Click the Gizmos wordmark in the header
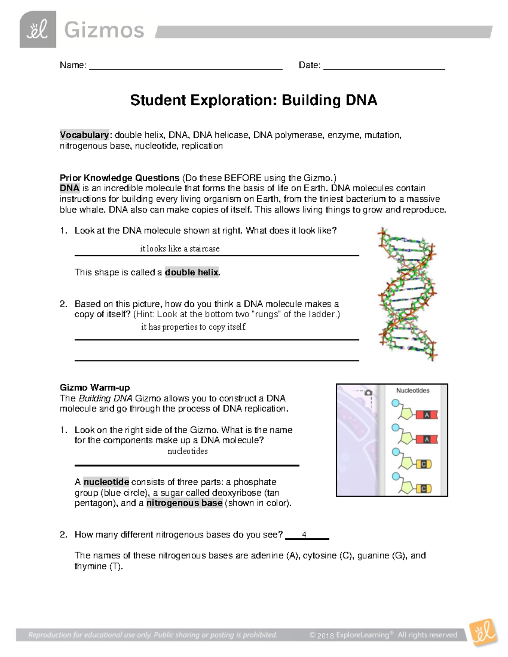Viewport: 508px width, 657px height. (104, 30)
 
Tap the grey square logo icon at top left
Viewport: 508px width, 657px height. (38, 30)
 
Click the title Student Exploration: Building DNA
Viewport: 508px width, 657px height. (253, 100)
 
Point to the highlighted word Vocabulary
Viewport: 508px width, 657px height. (84, 135)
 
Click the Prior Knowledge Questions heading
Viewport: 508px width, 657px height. (119, 178)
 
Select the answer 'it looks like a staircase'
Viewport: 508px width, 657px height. (179, 249)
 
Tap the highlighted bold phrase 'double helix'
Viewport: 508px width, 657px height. (192, 272)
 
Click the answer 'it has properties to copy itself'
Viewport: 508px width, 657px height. (193, 327)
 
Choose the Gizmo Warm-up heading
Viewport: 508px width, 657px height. (94, 388)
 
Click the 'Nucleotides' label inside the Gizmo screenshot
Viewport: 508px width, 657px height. (412, 390)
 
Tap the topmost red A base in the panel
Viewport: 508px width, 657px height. (426, 415)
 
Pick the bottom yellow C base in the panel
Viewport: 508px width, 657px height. (423, 489)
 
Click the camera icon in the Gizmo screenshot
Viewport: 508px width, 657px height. (368, 393)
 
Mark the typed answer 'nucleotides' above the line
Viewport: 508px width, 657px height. (188, 451)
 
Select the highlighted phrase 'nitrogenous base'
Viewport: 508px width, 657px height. (184, 503)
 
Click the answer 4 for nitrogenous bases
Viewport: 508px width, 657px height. (304, 535)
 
